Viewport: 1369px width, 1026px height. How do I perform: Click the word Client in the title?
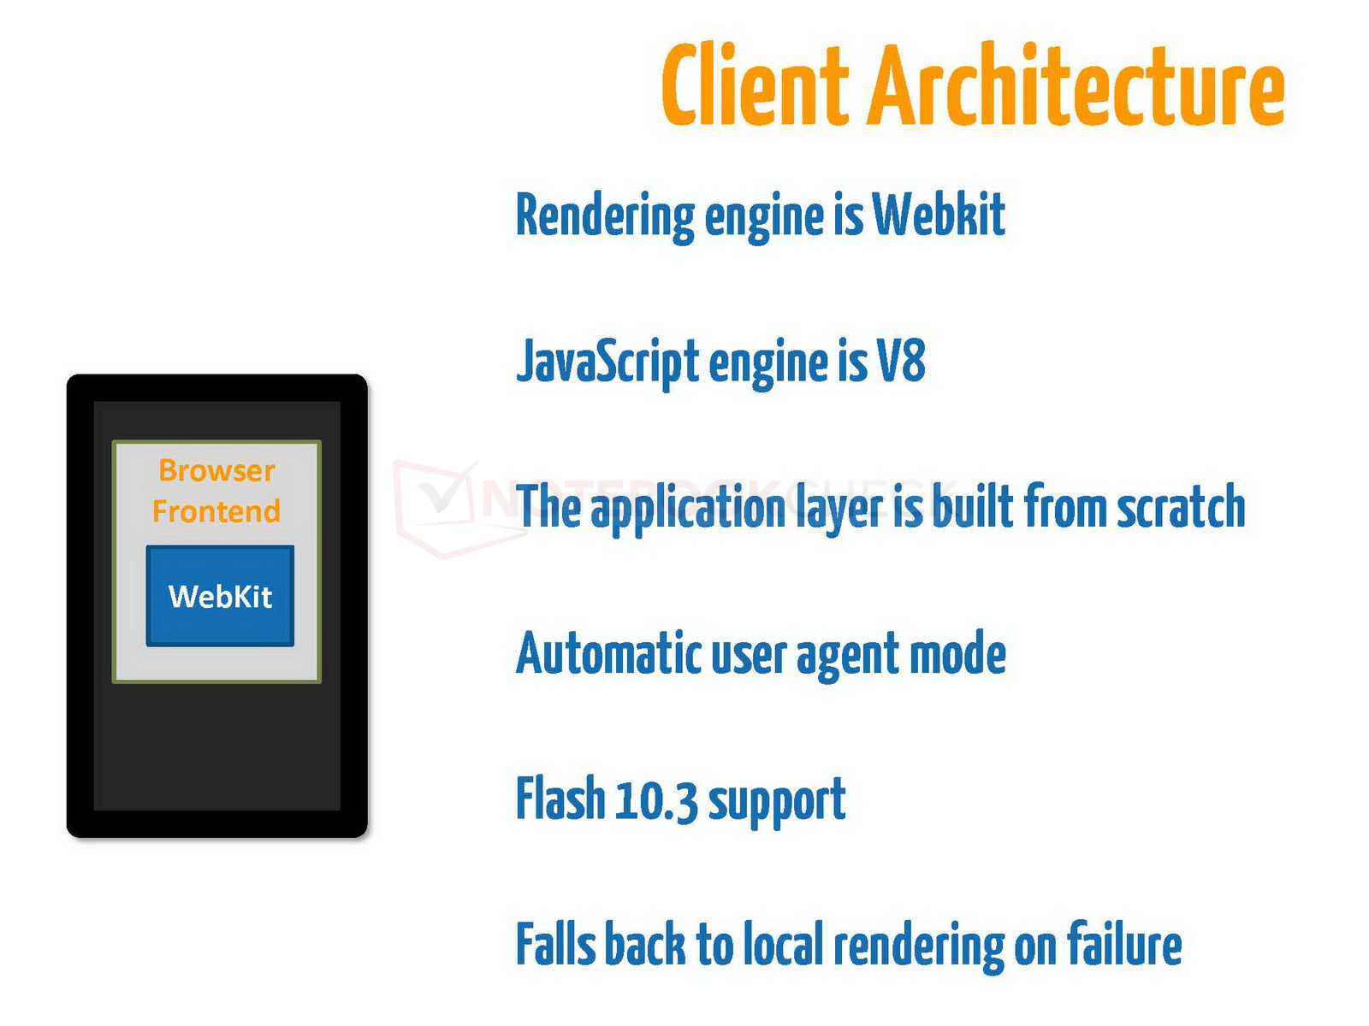coord(755,85)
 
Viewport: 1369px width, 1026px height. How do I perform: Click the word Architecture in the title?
coord(1077,85)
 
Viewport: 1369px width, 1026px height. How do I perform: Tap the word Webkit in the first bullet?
coord(939,214)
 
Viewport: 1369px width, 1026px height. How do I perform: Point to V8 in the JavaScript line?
coord(901,361)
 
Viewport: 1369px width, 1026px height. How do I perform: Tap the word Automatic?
coord(609,653)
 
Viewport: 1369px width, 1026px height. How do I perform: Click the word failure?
coord(1124,945)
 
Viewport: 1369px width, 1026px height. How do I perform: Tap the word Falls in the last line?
coord(555,945)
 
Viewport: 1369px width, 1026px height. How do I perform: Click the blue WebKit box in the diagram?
coord(220,595)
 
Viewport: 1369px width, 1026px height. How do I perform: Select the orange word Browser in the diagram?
coord(216,470)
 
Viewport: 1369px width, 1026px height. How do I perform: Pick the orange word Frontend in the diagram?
coord(216,511)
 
